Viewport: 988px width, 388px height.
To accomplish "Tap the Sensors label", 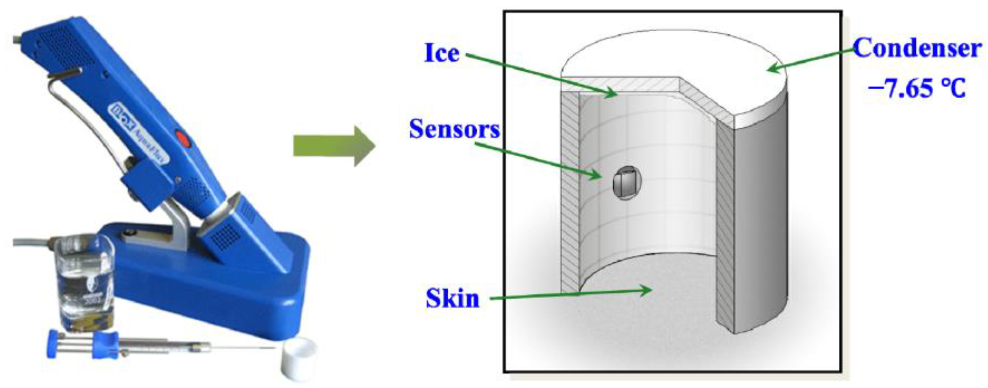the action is click(455, 129).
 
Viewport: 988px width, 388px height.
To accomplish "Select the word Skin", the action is click(452, 298).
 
